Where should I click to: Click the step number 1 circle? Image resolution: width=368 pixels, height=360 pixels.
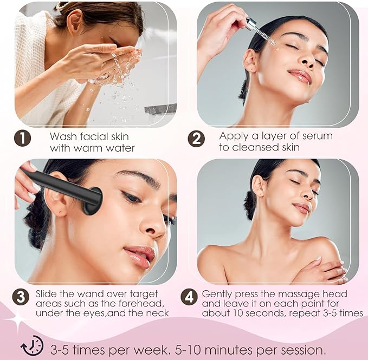[23, 139]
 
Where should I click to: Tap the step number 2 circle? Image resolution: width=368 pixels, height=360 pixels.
[196, 139]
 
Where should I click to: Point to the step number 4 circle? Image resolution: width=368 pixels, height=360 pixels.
[189, 297]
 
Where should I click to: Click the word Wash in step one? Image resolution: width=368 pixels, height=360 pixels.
[61, 136]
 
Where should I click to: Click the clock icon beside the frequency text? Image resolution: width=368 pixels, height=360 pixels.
[32, 346]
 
